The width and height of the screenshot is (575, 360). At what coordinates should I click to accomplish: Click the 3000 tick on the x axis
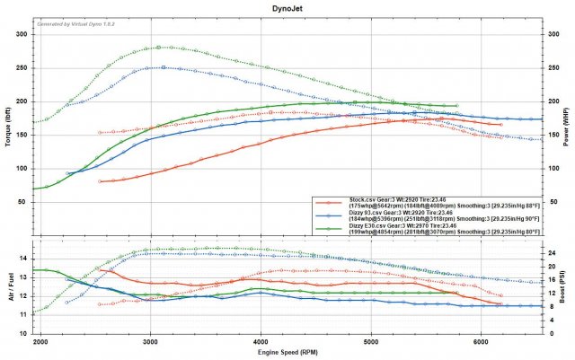click(150, 342)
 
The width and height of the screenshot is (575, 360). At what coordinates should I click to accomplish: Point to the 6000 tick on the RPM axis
click(481, 342)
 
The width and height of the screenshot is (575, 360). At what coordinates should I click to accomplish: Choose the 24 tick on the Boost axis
click(552, 252)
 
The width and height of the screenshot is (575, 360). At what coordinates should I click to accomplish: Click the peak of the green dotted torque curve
click(158, 47)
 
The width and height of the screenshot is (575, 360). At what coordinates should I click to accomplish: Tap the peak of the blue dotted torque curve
click(163, 67)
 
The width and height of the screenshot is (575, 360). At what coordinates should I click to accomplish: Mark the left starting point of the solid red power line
click(100, 181)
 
